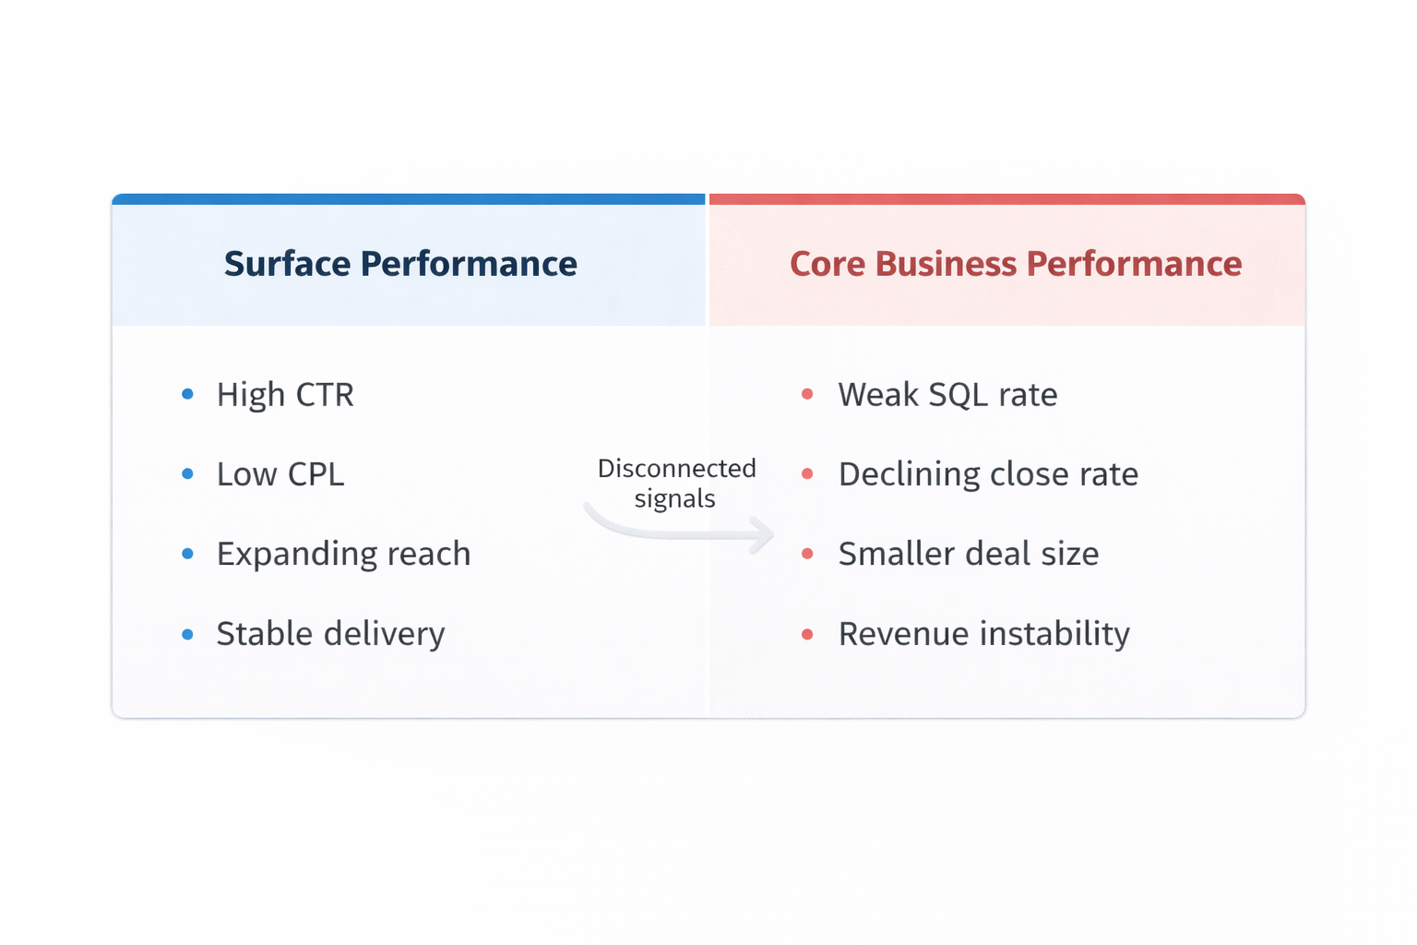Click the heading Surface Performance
tap(400, 264)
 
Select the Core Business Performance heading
tap(1016, 264)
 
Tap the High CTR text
tap(285, 395)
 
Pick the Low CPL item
tap(280, 474)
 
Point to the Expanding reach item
tap(343, 554)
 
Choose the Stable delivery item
tap(330, 634)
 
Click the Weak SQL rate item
tap(947, 395)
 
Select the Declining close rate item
tap(988, 474)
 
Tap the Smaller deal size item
tap(969, 554)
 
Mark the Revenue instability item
tap(983, 634)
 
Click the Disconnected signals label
tap(676, 483)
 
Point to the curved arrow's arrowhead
tap(763, 534)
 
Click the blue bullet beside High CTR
tap(188, 394)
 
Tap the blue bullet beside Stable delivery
tap(188, 634)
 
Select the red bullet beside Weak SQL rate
tap(807, 394)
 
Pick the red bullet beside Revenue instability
tap(807, 634)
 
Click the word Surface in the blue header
tap(287, 264)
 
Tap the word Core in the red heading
tap(828, 264)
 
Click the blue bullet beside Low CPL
tap(188, 474)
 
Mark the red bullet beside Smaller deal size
tap(807, 554)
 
